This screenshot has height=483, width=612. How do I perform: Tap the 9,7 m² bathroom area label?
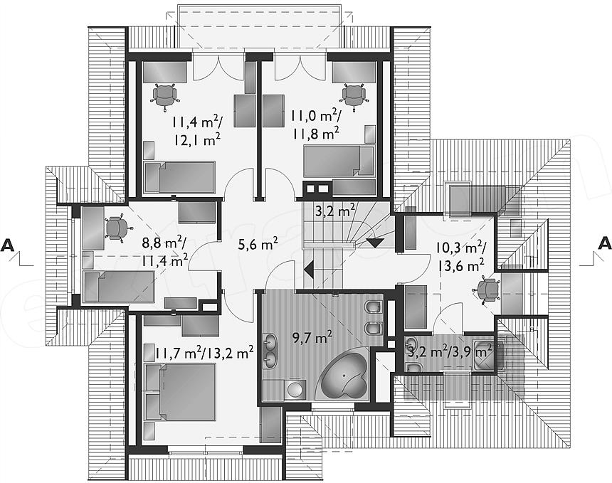click(x=312, y=337)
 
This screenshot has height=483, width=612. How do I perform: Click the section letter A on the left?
click(x=9, y=245)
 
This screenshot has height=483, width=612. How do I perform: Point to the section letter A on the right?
click(x=604, y=243)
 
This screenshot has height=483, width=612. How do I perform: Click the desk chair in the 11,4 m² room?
click(x=164, y=95)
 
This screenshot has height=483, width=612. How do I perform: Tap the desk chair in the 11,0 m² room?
click(x=354, y=95)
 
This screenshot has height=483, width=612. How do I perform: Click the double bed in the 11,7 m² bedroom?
click(x=181, y=392)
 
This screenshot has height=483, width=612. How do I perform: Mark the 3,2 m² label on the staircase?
click(x=335, y=211)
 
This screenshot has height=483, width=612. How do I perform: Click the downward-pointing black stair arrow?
click(x=375, y=243)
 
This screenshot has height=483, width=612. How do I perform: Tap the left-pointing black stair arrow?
click(x=309, y=270)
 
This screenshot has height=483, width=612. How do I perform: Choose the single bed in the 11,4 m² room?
click(x=180, y=178)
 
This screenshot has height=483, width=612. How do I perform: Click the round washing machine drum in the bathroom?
click(x=295, y=390)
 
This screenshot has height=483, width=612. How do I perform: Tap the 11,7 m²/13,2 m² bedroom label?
click(x=204, y=354)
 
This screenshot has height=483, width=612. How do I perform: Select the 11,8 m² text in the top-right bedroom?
click(x=316, y=134)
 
